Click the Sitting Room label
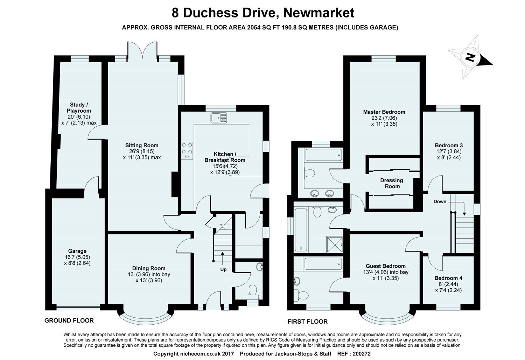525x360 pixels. (142, 145)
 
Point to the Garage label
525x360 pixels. (77, 251)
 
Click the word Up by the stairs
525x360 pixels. (223, 269)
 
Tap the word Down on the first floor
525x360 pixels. (440, 202)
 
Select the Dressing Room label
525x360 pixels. (392, 183)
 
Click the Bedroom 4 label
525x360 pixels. (448, 278)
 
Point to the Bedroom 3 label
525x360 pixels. (449, 145)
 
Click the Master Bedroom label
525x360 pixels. (384, 112)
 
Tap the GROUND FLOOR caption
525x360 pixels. (69, 320)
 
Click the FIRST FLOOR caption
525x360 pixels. (307, 322)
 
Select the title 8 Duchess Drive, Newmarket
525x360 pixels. (262, 13)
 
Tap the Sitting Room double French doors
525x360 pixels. (142, 51)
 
